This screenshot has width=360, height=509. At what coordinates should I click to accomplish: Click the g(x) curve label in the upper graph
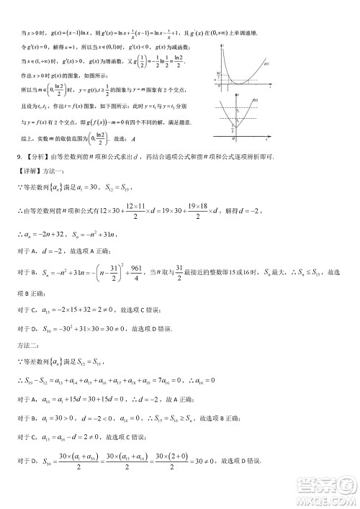click(266, 66)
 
